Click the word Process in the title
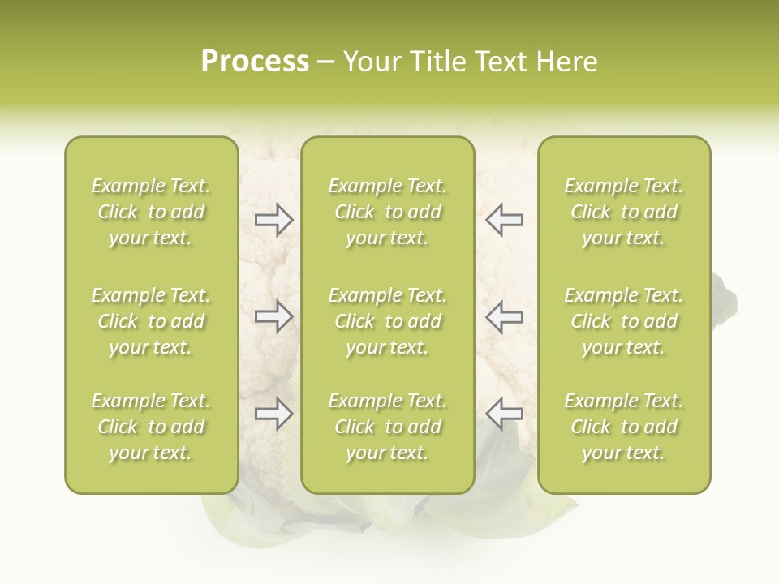[255, 62]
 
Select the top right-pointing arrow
[273, 220]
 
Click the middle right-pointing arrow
[273, 316]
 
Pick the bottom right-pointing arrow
[273, 414]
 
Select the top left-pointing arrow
[504, 220]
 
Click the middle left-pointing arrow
[504, 316]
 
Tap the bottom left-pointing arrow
[504, 414]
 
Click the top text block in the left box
[151, 212]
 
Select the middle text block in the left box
[151, 321]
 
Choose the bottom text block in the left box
[151, 427]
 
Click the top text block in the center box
[387, 212]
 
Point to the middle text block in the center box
[387, 321]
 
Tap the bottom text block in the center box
[387, 427]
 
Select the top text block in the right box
[623, 212]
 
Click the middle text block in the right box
[623, 321]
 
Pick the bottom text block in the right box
[623, 427]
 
